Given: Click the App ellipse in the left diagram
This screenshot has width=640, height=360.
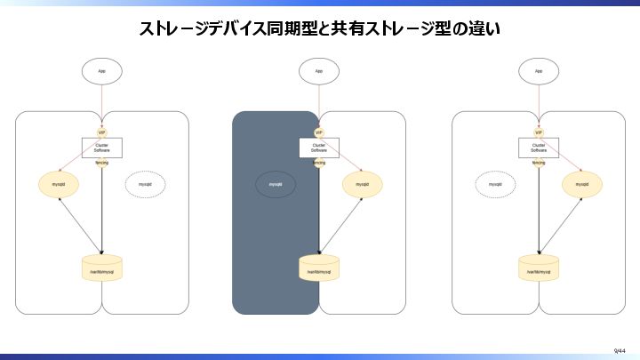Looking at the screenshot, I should tap(102, 70).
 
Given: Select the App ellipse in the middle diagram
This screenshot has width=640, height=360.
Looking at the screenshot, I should tap(319, 70).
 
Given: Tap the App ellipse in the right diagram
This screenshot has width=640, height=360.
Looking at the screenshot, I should tap(539, 70).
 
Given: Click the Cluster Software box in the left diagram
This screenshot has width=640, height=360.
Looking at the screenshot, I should tap(102, 148).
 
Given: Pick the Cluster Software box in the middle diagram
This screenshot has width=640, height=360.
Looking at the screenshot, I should tap(319, 148).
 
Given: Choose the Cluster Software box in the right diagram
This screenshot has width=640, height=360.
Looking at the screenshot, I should tap(539, 148).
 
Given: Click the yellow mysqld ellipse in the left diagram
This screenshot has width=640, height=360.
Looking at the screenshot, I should tap(59, 184).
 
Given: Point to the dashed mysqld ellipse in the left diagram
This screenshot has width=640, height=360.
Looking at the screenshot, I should tap(145, 184).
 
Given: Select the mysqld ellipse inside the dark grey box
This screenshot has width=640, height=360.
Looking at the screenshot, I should tap(276, 185).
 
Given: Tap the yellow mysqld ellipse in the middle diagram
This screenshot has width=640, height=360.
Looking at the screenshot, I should tap(363, 184).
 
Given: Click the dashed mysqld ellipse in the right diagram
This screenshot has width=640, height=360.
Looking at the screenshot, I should tap(495, 184).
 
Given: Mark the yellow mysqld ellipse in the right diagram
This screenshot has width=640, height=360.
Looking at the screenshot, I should tap(581, 184).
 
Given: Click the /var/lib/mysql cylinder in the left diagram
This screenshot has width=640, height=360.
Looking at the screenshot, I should tap(102, 268).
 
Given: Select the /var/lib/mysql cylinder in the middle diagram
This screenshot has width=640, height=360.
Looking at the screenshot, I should tap(319, 268).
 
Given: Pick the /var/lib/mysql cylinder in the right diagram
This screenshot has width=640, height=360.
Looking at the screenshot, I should tap(539, 268).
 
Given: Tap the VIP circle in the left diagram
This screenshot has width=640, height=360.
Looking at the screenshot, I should tap(102, 132).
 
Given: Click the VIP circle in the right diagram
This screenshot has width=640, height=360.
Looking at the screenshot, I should tap(539, 132).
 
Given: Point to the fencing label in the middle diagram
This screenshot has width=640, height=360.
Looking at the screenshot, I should tap(319, 164).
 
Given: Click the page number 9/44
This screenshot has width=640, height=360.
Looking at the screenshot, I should tap(619, 351).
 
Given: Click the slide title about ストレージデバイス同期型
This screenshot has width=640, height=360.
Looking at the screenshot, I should tap(320, 29).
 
